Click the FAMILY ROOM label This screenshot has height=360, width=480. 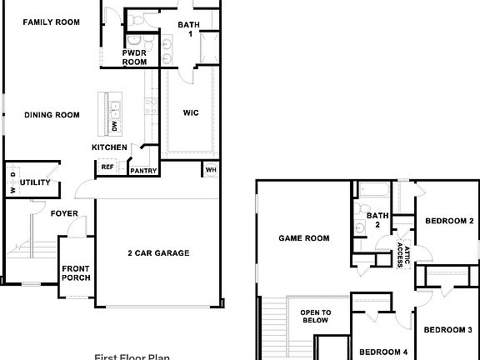coord(51,22)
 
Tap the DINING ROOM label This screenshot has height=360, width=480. coord(52,115)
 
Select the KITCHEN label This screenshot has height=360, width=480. coord(109,147)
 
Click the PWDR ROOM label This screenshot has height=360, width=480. coord(134,57)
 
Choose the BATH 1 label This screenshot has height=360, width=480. coord(189,29)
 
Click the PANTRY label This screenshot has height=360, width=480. coord(143,171)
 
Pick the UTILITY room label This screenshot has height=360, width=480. coord(35,182)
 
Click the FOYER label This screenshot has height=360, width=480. coord(64,214)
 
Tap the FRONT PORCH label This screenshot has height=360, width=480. coord(76,273)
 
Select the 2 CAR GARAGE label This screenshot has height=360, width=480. coord(158,253)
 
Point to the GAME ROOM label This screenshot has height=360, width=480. coord(303,238)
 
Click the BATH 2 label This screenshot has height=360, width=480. coord(377,220)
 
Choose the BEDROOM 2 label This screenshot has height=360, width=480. coord(449,221)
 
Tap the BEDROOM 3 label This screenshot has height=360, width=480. coord(448,330)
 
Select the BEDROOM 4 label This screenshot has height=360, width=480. coord(383,352)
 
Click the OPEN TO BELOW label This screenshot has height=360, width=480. coord(316,316)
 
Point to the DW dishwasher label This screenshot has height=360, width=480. coord(114,126)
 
